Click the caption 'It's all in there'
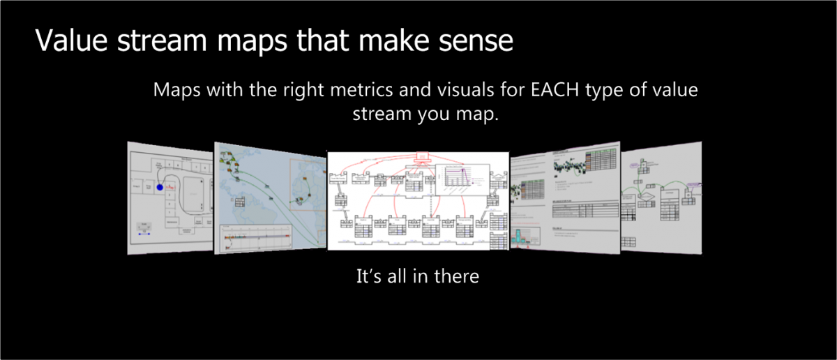click(418, 276)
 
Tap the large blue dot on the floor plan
click(159, 187)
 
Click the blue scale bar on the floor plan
click(144, 234)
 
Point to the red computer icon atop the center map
click(421, 156)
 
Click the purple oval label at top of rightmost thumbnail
click(632, 166)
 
